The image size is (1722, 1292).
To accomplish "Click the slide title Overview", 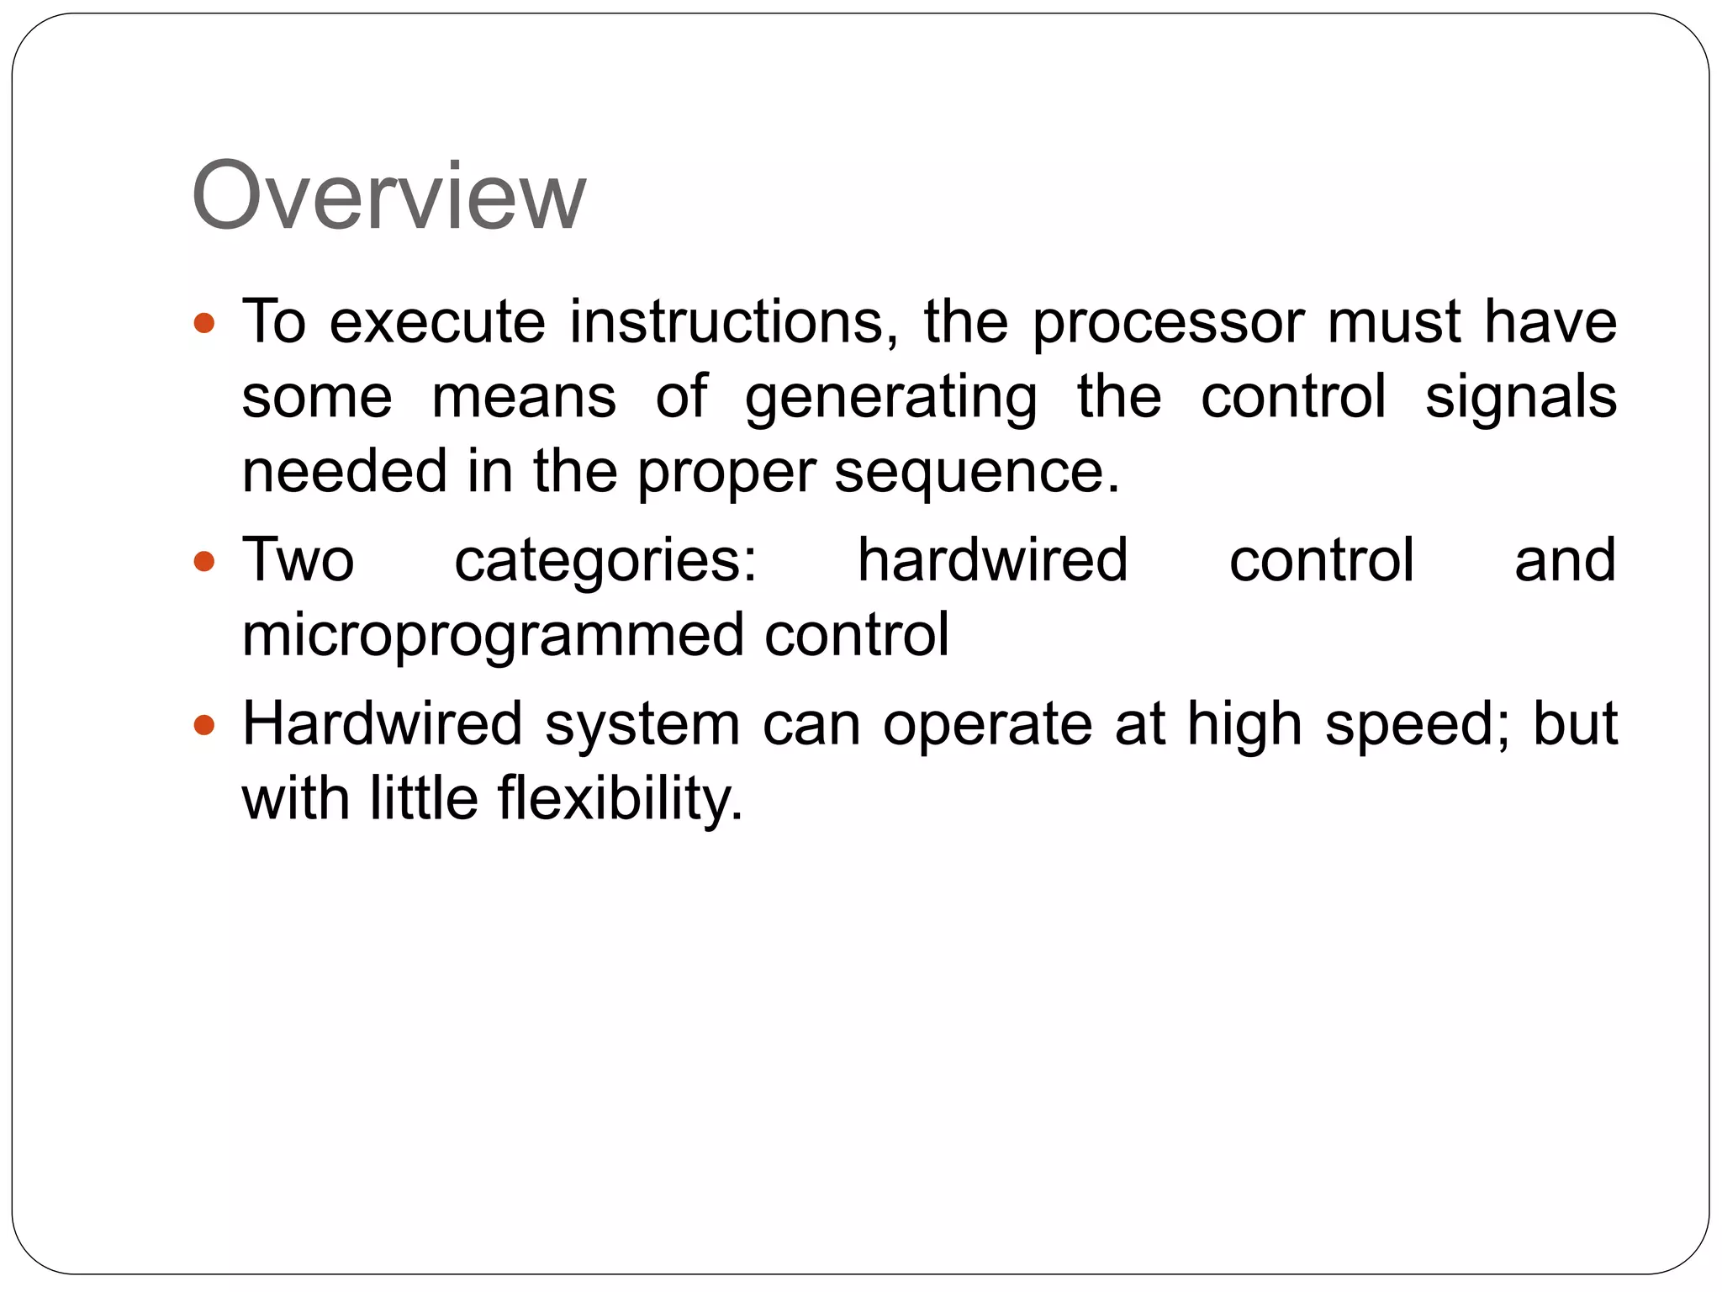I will pos(388,197).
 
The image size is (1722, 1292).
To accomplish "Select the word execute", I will pos(437,322).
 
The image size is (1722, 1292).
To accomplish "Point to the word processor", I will pos(1168,324).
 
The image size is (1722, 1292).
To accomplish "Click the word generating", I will pos(890,399).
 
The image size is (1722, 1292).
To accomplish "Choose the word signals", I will pos(1520,399).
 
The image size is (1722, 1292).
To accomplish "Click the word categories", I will pos(605,562).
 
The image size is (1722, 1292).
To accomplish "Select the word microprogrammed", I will pos(493,636).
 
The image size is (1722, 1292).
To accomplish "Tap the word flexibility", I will pos(621,799).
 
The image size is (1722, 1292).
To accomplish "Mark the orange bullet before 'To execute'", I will pos(204,322).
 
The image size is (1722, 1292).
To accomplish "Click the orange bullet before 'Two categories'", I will pos(204,561).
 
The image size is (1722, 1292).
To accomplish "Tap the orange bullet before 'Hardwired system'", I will pos(204,724).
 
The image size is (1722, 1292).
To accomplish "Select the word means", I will pos(523,397).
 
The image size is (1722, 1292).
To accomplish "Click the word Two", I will pos(298,560).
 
